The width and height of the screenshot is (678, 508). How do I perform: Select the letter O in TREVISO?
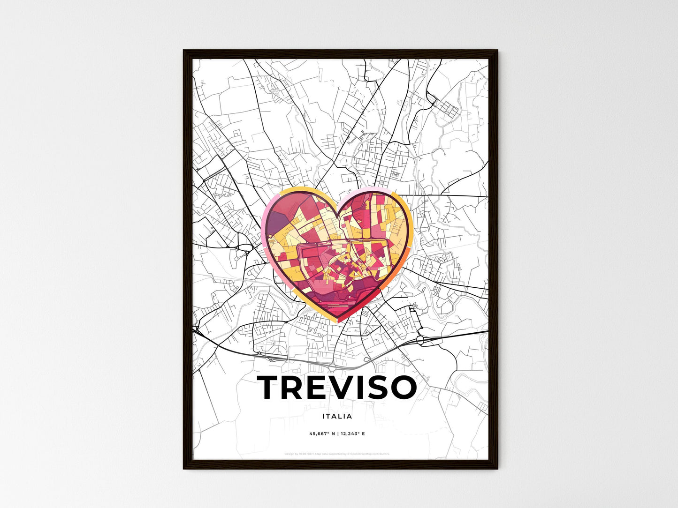[x=402, y=388]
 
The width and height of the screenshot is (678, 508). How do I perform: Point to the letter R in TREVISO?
[x=293, y=388]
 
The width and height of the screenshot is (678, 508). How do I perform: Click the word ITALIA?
[x=337, y=416]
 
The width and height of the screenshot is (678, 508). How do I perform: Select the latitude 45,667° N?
[x=322, y=434]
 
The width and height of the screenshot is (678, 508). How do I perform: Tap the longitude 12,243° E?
[x=352, y=434]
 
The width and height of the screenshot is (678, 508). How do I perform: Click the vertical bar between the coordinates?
[x=338, y=434]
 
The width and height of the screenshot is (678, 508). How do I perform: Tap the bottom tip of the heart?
[x=339, y=322]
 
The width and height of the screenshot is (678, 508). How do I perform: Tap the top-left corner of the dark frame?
[x=184, y=51]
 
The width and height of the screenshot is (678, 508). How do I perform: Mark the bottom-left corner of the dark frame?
[x=184, y=468]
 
